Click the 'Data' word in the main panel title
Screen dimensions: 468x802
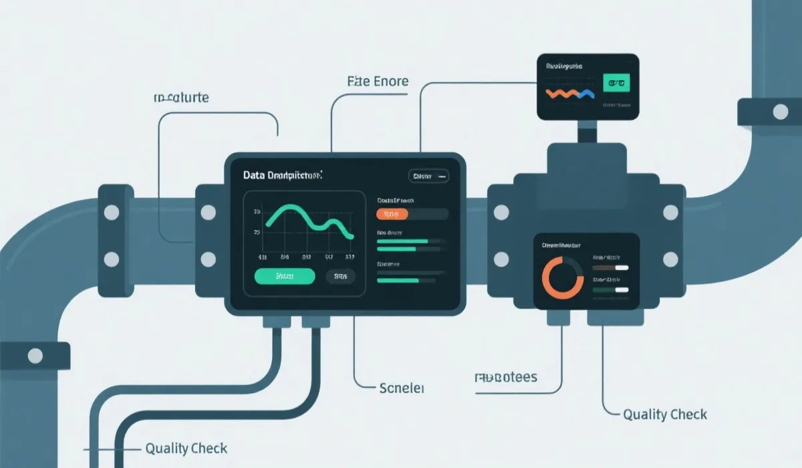pos(255,176)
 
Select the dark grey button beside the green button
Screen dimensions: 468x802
pos(341,275)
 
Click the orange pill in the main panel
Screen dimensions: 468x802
pos(392,214)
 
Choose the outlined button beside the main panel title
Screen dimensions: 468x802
pos(428,176)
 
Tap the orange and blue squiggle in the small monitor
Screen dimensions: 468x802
pos(570,94)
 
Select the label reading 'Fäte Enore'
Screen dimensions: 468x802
pos(378,82)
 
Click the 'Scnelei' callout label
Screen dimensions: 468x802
pos(402,388)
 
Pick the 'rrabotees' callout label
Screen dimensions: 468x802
pos(505,378)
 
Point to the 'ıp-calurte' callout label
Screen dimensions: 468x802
pos(181,98)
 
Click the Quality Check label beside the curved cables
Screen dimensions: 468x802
pos(186,449)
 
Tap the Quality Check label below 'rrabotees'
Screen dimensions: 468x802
pos(665,415)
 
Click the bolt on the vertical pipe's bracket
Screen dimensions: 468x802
pos(781,112)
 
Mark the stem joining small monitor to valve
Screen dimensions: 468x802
pos(587,132)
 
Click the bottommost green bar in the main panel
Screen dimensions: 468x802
pos(398,281)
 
